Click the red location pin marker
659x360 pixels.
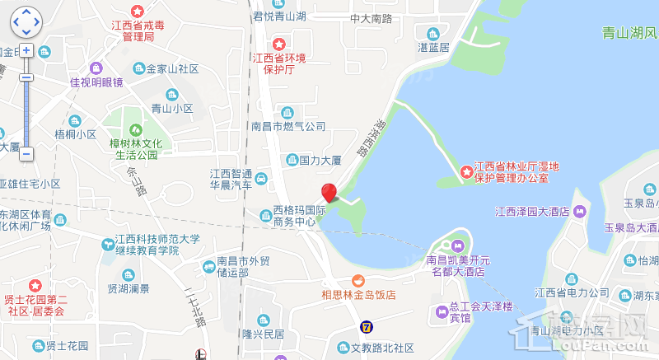(329, 193)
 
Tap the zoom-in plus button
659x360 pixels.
(26, 50)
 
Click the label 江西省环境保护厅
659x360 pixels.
(278, 64)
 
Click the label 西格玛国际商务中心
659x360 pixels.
(294, 215)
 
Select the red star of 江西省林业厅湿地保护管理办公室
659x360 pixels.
(466, 171)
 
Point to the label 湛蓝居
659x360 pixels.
(433, 47)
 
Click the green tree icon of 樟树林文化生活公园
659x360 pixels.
(133, 129)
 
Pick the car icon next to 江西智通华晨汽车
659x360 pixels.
(261, 178)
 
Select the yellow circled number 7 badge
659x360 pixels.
(366, 327)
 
